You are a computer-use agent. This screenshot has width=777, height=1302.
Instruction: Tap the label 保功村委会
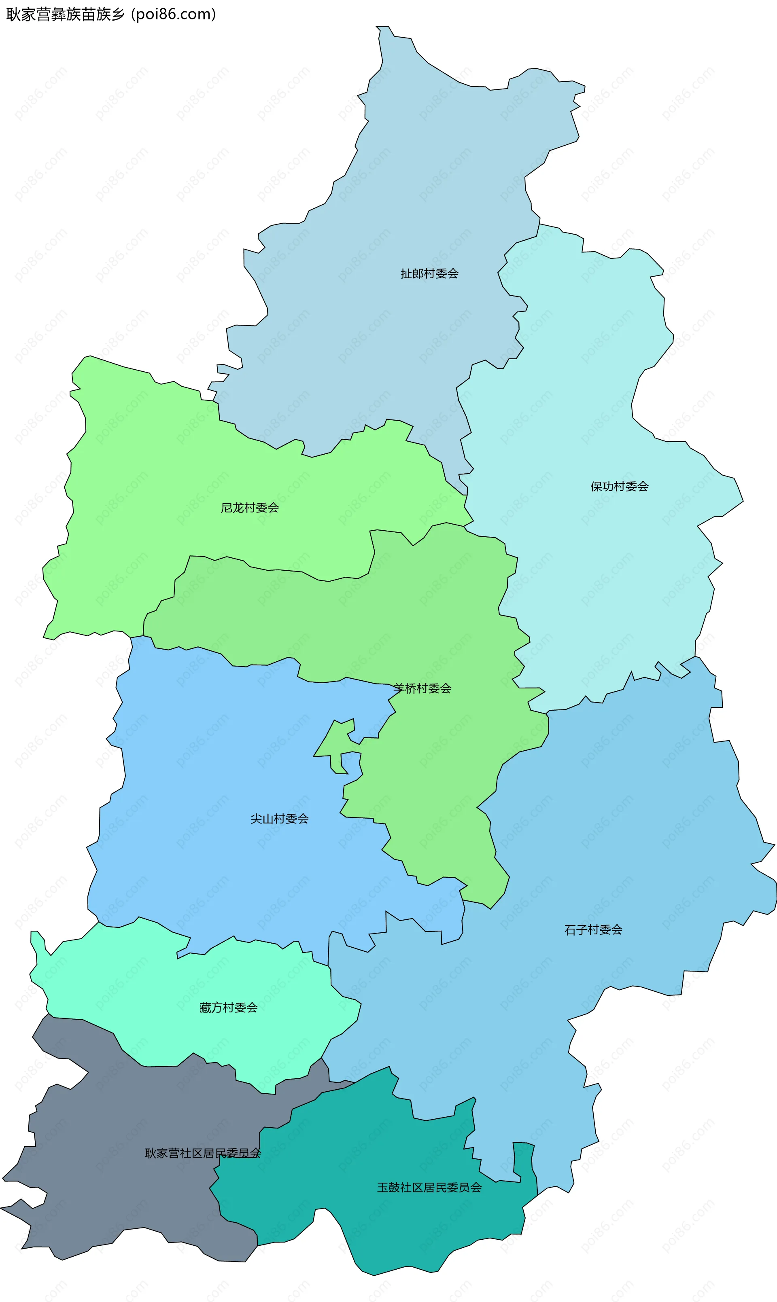pyautogui.click(x=620, y=487)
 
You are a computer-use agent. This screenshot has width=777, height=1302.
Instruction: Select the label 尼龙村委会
pyautogui.click(x=250, y=508)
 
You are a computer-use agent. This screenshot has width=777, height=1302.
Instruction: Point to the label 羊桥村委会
pyautogui.click(x=422, y=689)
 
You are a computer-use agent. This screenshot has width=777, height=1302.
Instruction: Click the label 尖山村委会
pyautogui.click(x=280, y=819)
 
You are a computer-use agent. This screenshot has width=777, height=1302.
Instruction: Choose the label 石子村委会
pyautogui.click(x=593, y=930)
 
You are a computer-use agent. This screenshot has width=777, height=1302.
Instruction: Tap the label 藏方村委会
pyautogui.click(x=228, y=1008)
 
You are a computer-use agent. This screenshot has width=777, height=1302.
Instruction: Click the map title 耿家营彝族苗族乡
pyautogui.click(x=66, y=14)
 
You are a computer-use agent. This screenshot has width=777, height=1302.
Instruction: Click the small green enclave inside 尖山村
pyautogui.click(x=335, y=743)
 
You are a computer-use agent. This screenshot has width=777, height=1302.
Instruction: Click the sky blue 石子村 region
pyautogui.click(x=628, y=837)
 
